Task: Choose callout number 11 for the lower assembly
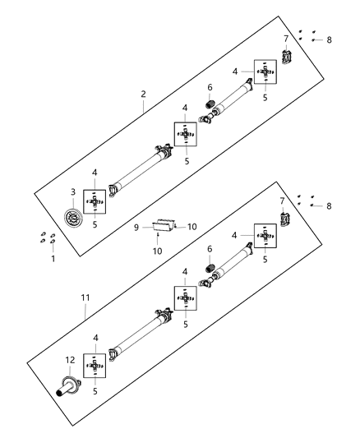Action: pyautogui.click(x=85, y=311)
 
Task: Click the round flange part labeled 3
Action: pyautogui.click(x=75, y=220)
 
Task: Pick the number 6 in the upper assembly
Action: pyautogui.click(x=210, y=87)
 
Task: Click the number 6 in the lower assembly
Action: pyautogui.click(x=210, y=249)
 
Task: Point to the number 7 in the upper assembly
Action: pyautogui.click(x=285, y=38)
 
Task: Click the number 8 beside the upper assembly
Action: pyautogui.click(x=329, y=39)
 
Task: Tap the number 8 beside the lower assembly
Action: pyautogui.click(x=329, y=205)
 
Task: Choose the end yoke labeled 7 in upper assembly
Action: pyautogui.click(x=288, y=57)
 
